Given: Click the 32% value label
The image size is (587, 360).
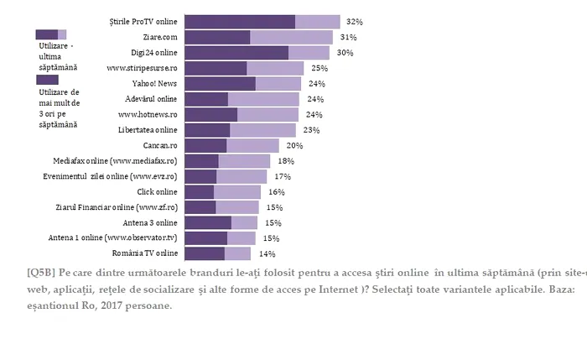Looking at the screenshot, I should point(354,22).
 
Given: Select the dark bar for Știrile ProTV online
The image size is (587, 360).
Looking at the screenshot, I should point(240,22).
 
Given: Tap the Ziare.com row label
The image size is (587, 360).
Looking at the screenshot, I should point(160,38).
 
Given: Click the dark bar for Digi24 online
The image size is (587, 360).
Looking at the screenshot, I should point(236,53).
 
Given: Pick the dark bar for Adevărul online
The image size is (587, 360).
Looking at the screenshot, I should point(206,99).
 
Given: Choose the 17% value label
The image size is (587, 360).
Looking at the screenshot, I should point(283,176).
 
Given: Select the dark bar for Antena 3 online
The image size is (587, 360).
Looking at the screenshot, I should point(208,222).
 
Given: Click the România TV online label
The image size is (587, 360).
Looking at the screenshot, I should point(144,253).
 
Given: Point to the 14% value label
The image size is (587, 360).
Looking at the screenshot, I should point(267,253).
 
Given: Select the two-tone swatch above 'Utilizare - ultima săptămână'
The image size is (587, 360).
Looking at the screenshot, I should point(50,34).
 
